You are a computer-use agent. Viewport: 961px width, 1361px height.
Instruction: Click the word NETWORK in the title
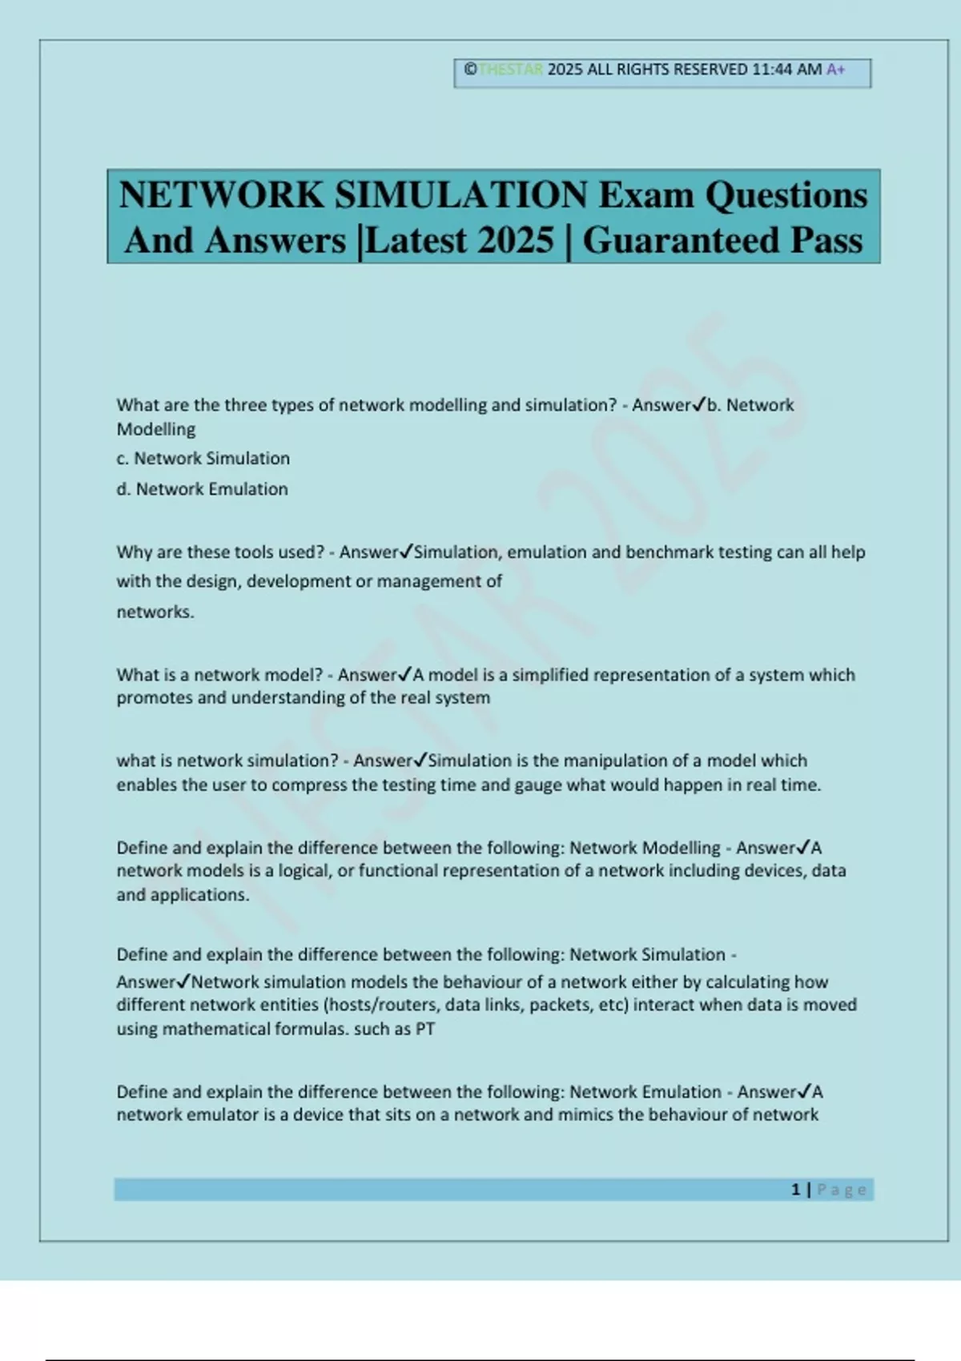coord(221,195)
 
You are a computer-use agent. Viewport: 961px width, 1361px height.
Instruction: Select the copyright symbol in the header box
coord(470,70)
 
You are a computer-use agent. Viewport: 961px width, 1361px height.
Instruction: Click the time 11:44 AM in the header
coord(786,70)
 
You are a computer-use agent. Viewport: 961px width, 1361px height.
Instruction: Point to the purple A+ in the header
coord(836,70)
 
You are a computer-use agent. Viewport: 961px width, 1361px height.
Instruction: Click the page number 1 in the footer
coord(795,1190)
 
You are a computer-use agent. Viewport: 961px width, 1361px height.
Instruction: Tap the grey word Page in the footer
coord(842,1190)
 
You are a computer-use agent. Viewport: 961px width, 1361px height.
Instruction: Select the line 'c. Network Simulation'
coord(203,459)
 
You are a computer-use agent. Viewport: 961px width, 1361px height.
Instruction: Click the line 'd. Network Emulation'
coord(203,489)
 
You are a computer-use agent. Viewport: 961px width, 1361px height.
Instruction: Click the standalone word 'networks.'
coord(155,612)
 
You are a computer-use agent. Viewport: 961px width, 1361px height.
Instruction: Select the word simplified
coord(550,675)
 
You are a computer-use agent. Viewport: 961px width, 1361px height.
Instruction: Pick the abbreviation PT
coord(424,1030)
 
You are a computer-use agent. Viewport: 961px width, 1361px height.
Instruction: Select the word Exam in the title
coord(646,195)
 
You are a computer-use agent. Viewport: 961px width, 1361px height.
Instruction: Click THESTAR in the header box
coord(511,70)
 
